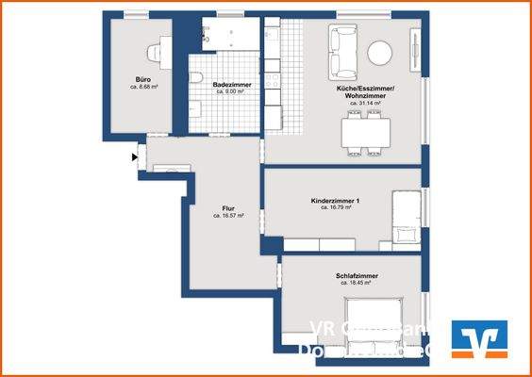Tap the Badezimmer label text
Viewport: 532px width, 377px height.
pos(231,85)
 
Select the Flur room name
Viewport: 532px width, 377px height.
pos(228,208)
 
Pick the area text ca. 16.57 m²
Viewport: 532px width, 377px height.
pos(228,215)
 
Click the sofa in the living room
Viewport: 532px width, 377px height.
pos(340,53)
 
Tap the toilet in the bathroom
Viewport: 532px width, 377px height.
pos(197,78)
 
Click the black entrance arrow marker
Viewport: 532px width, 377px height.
pos(135,157)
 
